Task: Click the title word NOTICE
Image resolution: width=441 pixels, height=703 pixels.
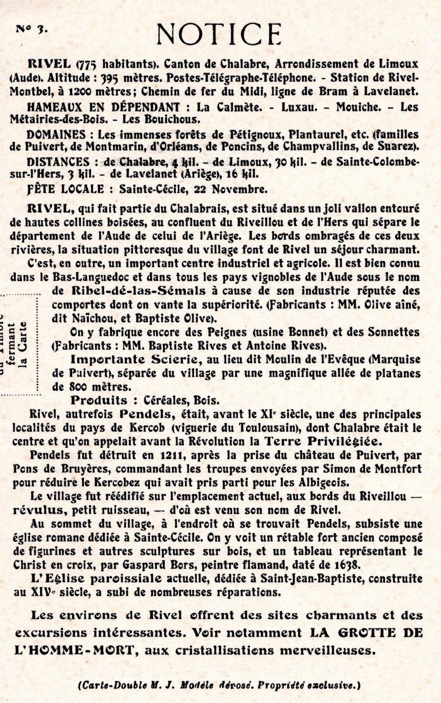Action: (x=219, y=33)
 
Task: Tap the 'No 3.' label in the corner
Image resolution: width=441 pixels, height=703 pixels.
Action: (x=31, y=28)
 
